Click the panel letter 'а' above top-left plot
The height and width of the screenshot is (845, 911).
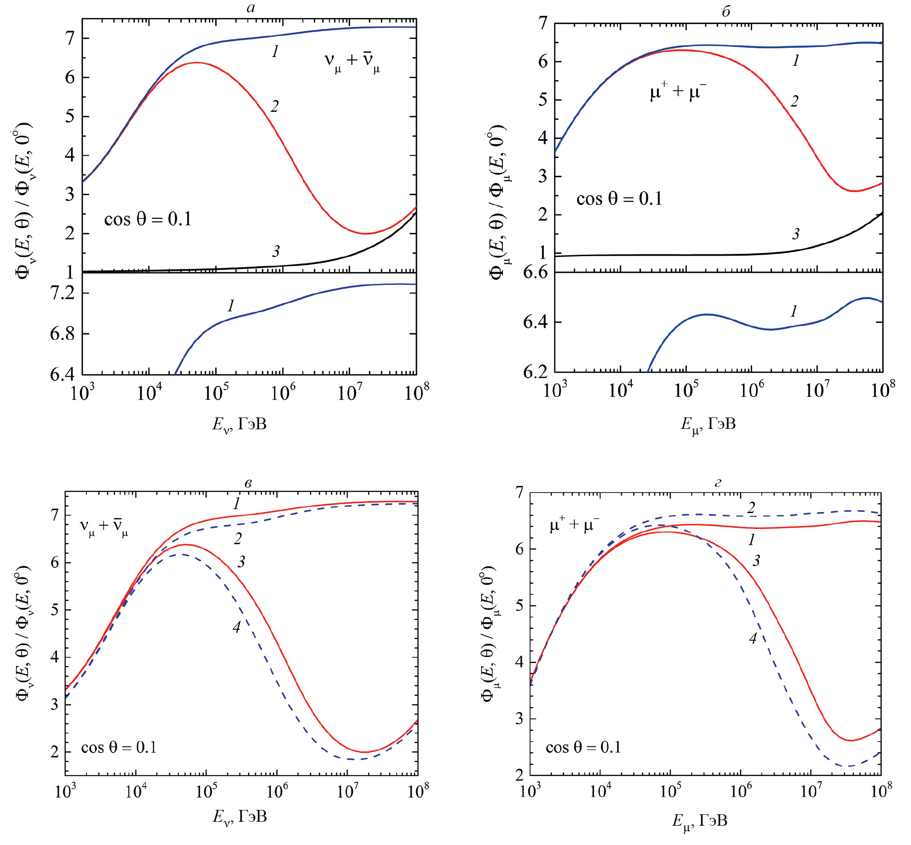pyautogui.click(x=250, y=8)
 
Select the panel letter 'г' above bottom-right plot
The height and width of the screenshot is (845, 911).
pyautogui.click(x=717, y=483)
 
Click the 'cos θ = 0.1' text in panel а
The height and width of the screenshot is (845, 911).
pyautogui.click(x=148, y=220)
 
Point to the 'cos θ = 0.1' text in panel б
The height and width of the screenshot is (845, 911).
pyautogui.click(x=619, y=199)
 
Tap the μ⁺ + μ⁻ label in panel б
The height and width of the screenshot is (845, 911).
pyautogui.click(x=678, y=93)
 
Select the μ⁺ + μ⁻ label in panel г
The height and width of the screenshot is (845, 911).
pyautogui.click(x=574, y=525)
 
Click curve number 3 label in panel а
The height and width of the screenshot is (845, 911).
pyautogui.click(x=276, y=251)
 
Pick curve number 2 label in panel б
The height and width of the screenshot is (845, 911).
pyautogui.click(x=794, y=101)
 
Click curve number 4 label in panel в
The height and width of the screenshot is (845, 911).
pyautogui.click(x=237, y=628)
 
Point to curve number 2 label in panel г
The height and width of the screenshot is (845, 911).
pyautogui.click(x=751, y=507)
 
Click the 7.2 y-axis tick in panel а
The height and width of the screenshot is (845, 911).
pyautogui.click(x=62, y=293)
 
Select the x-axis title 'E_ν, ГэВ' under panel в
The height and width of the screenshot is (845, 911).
pyautogui.click(x=239, y=817)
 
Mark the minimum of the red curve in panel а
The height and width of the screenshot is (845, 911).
pyautogui.click(x=366, y=234)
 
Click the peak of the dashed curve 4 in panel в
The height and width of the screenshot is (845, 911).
pyautogui.click(x=182, y=555)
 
